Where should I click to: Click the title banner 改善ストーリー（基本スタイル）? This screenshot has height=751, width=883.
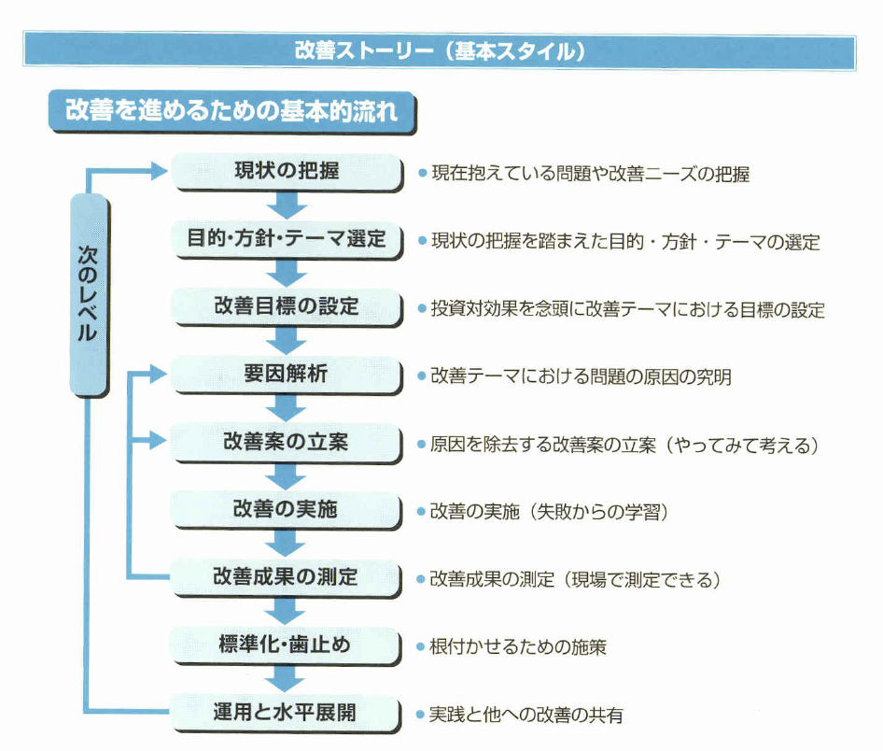[x=440, y=50]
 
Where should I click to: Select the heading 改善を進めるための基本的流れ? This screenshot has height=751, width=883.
[x=231, y=111]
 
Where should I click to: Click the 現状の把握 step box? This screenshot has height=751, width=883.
[x=286, y=172]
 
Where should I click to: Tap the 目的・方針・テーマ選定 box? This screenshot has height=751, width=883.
[x=286, y=240]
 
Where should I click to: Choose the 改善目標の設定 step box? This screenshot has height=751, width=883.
[x=286, y=307]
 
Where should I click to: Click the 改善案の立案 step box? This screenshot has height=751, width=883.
[x=286, y=443]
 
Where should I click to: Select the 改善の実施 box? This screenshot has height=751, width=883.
[x=286, y=510]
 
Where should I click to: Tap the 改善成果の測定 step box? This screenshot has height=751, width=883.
[x=286, y=577]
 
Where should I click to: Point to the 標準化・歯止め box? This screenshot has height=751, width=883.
[x=286, y=645]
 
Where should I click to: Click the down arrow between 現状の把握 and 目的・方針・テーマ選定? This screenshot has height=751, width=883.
[x=286, y=206]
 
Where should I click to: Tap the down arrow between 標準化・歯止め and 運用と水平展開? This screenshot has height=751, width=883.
[x=286, y=680]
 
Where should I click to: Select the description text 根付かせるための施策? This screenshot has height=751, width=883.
[x=517, y=646]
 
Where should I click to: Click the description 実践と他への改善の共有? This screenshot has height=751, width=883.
[x=526, y=716]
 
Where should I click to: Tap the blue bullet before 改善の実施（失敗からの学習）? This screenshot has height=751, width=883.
[x=421, y=512]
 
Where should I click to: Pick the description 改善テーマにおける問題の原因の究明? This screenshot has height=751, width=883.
[x=581, y=376]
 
